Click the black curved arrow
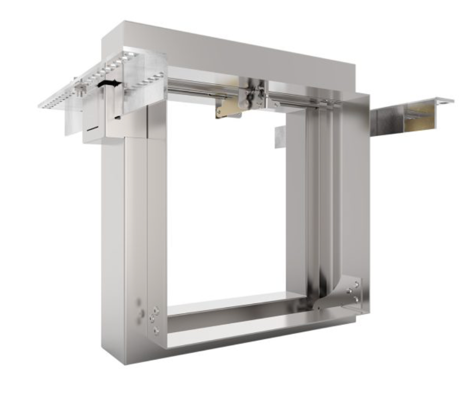(x=109, y=83)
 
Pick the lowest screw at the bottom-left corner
(x=156, y=330)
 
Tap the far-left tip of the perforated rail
(x=42, y=105)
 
